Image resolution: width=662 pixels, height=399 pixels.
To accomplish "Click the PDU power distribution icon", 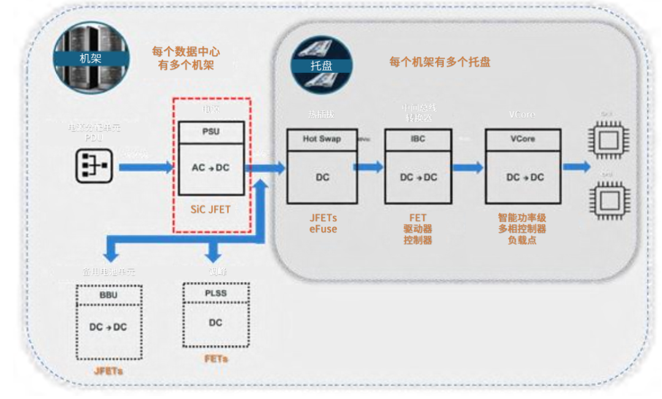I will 93,166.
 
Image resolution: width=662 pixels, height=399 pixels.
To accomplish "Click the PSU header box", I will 211,132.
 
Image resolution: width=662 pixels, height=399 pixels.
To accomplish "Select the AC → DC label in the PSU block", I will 211,167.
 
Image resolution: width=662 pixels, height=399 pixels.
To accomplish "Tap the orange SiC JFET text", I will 211,210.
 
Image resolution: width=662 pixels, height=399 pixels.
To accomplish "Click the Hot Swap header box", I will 322,139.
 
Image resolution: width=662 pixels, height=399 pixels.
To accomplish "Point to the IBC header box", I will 418,139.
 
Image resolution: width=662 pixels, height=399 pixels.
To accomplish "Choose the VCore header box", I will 522,139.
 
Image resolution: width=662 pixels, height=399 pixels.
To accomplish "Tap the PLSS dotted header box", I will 215,293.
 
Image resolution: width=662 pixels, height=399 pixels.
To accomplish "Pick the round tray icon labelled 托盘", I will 321,64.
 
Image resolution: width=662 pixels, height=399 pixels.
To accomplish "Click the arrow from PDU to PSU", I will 146,167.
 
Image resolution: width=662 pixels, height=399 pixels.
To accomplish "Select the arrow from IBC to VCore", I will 468,167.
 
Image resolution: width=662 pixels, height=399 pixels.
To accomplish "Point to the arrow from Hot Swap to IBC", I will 370,167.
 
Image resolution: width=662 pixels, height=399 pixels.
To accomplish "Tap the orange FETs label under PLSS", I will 215,359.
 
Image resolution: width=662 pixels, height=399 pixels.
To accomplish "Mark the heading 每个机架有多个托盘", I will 439,62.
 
